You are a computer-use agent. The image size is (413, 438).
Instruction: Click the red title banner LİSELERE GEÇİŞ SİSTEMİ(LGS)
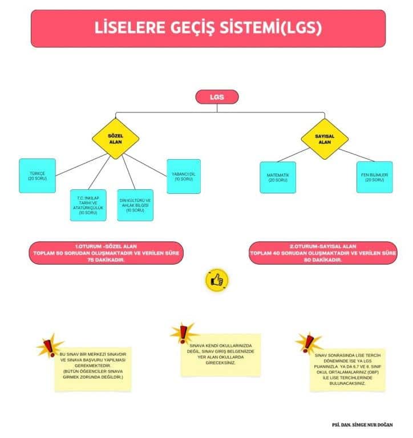tap(208, 28)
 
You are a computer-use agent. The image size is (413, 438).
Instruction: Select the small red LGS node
tap(216, 97)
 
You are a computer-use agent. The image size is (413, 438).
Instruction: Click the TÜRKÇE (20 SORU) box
tap(37, 176)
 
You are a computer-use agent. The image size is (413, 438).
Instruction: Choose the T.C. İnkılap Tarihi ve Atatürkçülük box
tap(88, 205)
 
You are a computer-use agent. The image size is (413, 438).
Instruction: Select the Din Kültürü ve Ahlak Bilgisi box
tap(135, 205)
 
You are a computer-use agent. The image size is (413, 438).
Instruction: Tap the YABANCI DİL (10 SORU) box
tap(183, 176)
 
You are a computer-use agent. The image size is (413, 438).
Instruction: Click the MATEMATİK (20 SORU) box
tap(278, 177)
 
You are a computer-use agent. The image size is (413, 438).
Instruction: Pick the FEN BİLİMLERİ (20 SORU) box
tap(374, 177)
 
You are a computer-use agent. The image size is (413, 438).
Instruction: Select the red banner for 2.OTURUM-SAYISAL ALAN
tap(323, 253)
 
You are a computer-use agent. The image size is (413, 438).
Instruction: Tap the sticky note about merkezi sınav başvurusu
tap(93, 368)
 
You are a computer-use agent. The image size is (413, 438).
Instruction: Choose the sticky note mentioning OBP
tap(347, 370)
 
